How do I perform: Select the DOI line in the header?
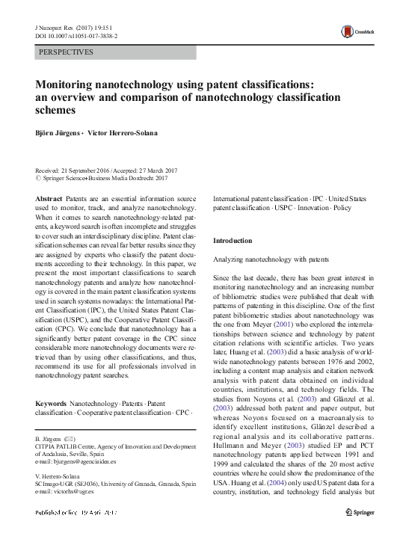click(x=72, y=36)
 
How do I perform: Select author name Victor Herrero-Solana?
click(x=123, y=133)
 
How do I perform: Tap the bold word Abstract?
click(x=49, y=197)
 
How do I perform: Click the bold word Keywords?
click(x=53, y=404)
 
